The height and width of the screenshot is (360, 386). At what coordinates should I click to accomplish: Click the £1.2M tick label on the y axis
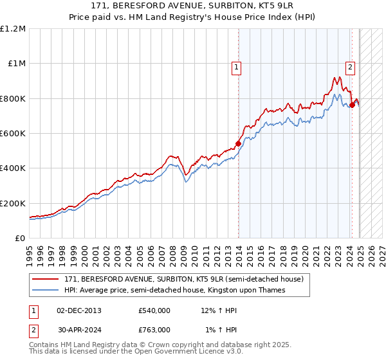pyautogui.click(x=13, y=29)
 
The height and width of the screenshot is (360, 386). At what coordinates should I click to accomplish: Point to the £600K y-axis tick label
pyautogui.click(x=13, y=134)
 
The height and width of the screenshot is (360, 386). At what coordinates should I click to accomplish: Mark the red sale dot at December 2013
pyautogui.click(x=238, y=143)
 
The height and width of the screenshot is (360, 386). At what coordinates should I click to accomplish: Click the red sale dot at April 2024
pyautogui.click(x=352, y=105)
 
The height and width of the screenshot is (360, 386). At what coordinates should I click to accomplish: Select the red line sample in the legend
pyautogui.click(x=45, y=280)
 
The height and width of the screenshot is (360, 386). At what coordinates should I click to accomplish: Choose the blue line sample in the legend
pyautogui.click(x=45, y=291)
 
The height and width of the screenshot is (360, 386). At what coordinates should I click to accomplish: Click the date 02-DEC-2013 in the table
pyautogui.click(x=79, y=311)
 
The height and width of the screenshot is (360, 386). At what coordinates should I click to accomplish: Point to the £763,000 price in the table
pyautogui.click(x=154, y=330)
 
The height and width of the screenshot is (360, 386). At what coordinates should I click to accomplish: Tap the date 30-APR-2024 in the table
pyautogui.click(x=78, y=330)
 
